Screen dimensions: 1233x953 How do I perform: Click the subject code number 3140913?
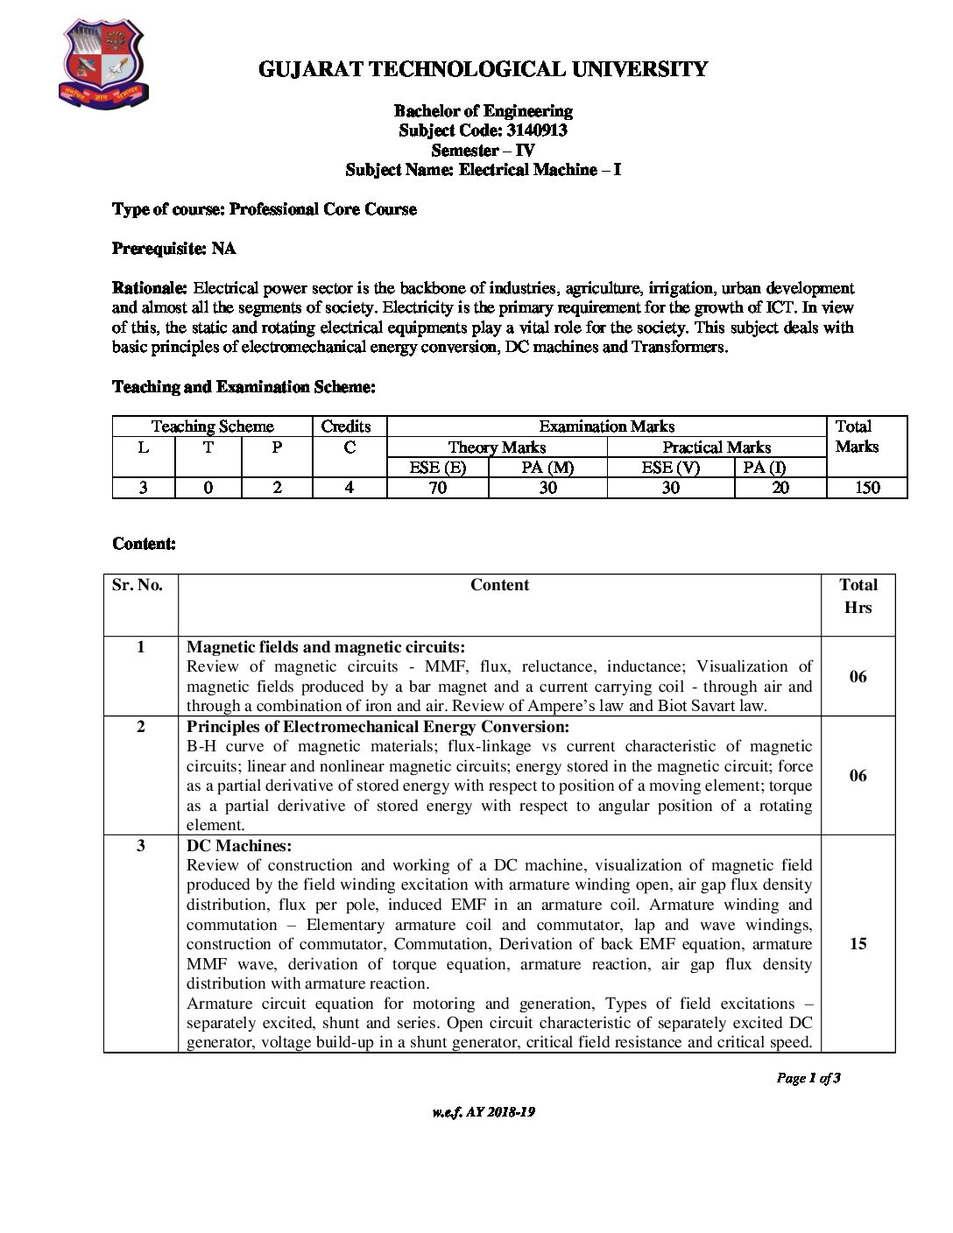click(x=537, y=130)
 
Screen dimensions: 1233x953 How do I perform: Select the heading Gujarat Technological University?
click(x=483, y=69)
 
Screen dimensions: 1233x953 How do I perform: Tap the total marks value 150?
click(x=866, y=488)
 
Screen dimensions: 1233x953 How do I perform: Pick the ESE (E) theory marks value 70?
click(x=437, y=488)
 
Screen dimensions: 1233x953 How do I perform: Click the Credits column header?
click(x=346, y=426)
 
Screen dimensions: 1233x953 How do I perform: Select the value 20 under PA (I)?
click(x=780, y=488)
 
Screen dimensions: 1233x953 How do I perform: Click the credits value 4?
click(x=349, y=488)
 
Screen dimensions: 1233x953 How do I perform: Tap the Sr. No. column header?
click(x=138, y=585)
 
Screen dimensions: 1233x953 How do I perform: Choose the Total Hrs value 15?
click(x=858, y=944)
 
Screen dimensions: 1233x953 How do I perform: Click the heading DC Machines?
click(x=239, y=846)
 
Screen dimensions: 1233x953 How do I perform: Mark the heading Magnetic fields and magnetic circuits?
click(x=326, y=647)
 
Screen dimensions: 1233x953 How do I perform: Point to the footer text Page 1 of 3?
click(x=808, y=1078)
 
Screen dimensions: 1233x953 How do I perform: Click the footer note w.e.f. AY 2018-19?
click(x=483, y=1112)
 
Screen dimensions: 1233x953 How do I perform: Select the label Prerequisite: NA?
click(x=173, y=249)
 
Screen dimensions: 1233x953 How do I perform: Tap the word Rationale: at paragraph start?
click(x=150, y=288)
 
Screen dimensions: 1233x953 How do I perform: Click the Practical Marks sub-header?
click(x=716, y=447)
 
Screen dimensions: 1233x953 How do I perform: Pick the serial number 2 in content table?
click(x=140, y=727)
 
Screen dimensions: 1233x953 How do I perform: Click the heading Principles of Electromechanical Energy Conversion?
click(x=378, y=727)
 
